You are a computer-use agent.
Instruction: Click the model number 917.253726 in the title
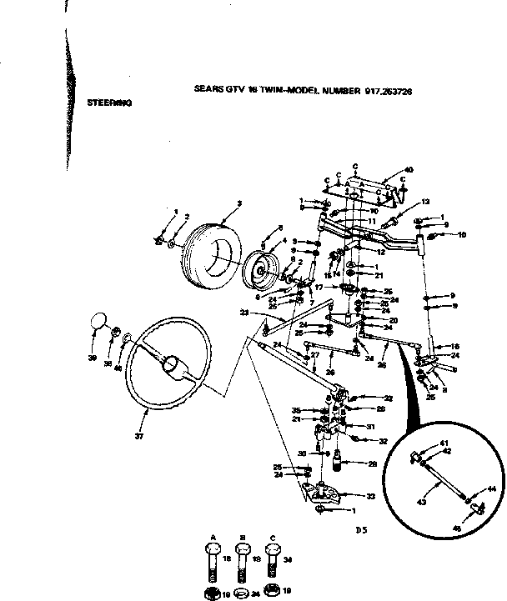(389, 93)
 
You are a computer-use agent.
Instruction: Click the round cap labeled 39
(98, 321)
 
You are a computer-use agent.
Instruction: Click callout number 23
(244, 313)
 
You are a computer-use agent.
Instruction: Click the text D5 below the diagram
(361, 528)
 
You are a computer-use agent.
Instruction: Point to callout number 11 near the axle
(372, 221)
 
